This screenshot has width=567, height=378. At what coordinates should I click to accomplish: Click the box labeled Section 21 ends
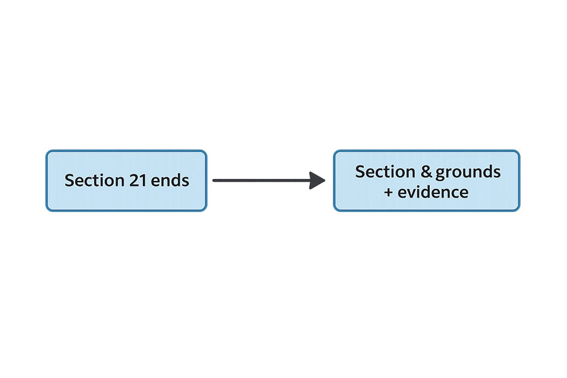pos(126,180)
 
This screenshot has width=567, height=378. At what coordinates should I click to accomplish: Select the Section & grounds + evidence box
pos(427,180)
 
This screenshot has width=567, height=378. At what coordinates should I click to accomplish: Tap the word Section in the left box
pos(94,180)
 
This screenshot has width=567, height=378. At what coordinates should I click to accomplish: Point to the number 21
pos(138,180)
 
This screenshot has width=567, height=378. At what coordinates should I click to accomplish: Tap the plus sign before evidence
pos(388,192)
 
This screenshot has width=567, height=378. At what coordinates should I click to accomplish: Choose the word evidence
pos(433,192)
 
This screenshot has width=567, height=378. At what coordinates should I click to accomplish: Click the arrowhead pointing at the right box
pos(317,180)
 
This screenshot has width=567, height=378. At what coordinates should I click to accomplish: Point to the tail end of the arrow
pos(213,180)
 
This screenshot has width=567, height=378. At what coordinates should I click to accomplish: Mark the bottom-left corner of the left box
pos(47,210)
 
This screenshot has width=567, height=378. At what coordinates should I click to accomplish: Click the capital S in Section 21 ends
pos(70,180)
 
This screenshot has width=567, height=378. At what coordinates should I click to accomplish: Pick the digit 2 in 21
pos(134,180)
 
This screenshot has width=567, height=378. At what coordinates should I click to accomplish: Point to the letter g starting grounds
pos(441,172)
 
